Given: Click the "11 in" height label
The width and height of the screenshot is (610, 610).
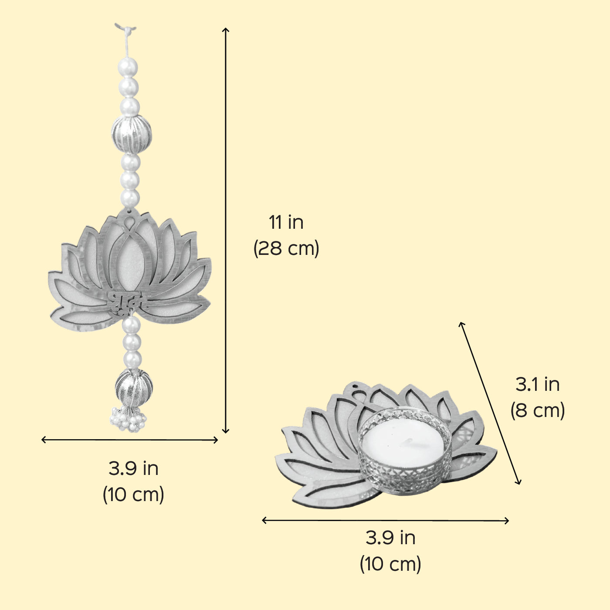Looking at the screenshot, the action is [286, 222].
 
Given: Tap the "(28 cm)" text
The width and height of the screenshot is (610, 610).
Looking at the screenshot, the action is [286, 248].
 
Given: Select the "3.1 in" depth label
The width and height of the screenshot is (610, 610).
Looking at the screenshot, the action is [538, 384].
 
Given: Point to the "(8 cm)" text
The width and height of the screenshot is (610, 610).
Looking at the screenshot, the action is [538, 410].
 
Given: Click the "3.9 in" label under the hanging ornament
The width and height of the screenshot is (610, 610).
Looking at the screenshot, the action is [133, 468].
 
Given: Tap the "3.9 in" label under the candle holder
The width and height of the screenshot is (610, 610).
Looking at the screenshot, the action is [390, 538].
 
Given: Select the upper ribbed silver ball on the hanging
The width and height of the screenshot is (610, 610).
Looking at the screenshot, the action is [132, 134].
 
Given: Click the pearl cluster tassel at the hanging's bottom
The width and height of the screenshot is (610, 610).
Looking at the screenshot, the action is [128, 419].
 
